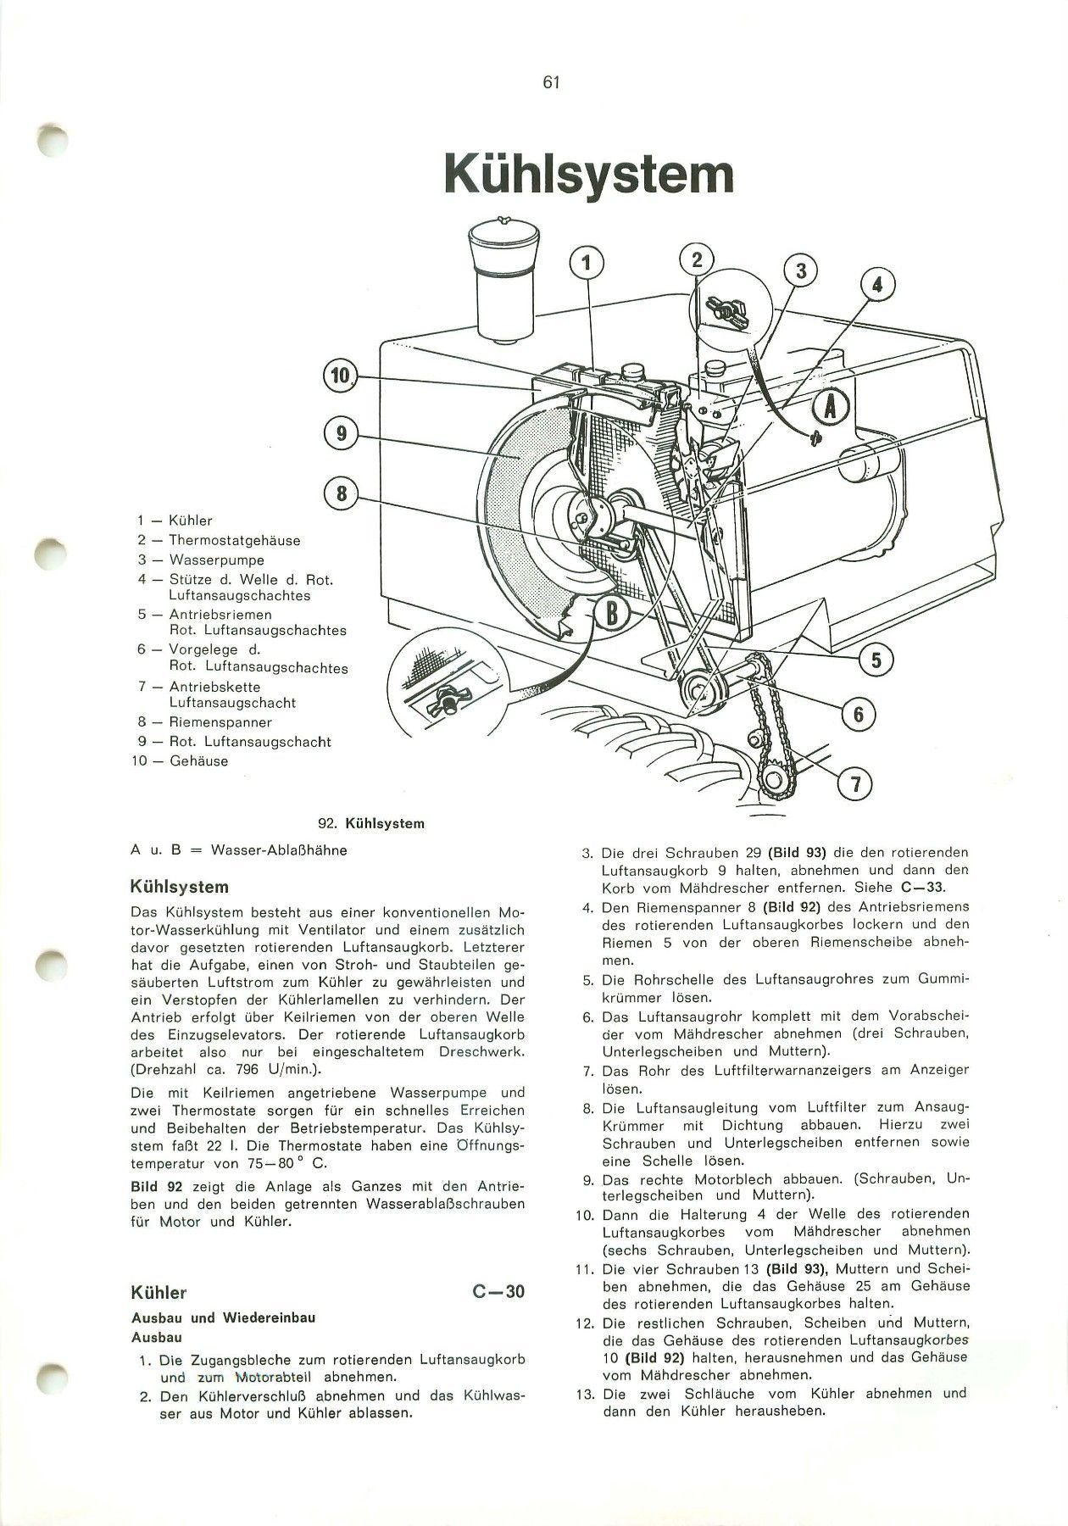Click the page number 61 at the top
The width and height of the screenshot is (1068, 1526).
coord(551,82)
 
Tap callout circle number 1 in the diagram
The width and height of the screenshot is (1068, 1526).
coord(585,264)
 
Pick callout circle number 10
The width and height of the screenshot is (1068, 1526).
coord(340,376)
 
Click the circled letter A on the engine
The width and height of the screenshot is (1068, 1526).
coord(830,409)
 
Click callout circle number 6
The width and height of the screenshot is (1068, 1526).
coord(858,715)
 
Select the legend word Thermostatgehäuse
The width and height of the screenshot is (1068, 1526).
coord(235,540)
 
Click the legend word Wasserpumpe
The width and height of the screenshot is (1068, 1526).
coord(216,560)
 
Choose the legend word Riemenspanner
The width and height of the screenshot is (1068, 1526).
coord(220,722)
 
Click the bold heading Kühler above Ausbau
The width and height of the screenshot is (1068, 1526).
coord(159,1293)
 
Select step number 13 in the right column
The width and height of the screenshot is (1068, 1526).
coord(587,1394)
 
